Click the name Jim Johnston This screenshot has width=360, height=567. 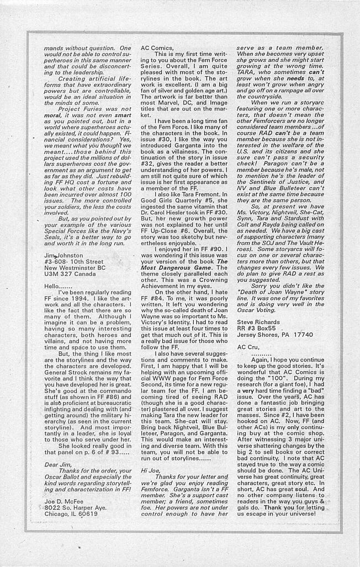pyautogui.click(x=63, y=256)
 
